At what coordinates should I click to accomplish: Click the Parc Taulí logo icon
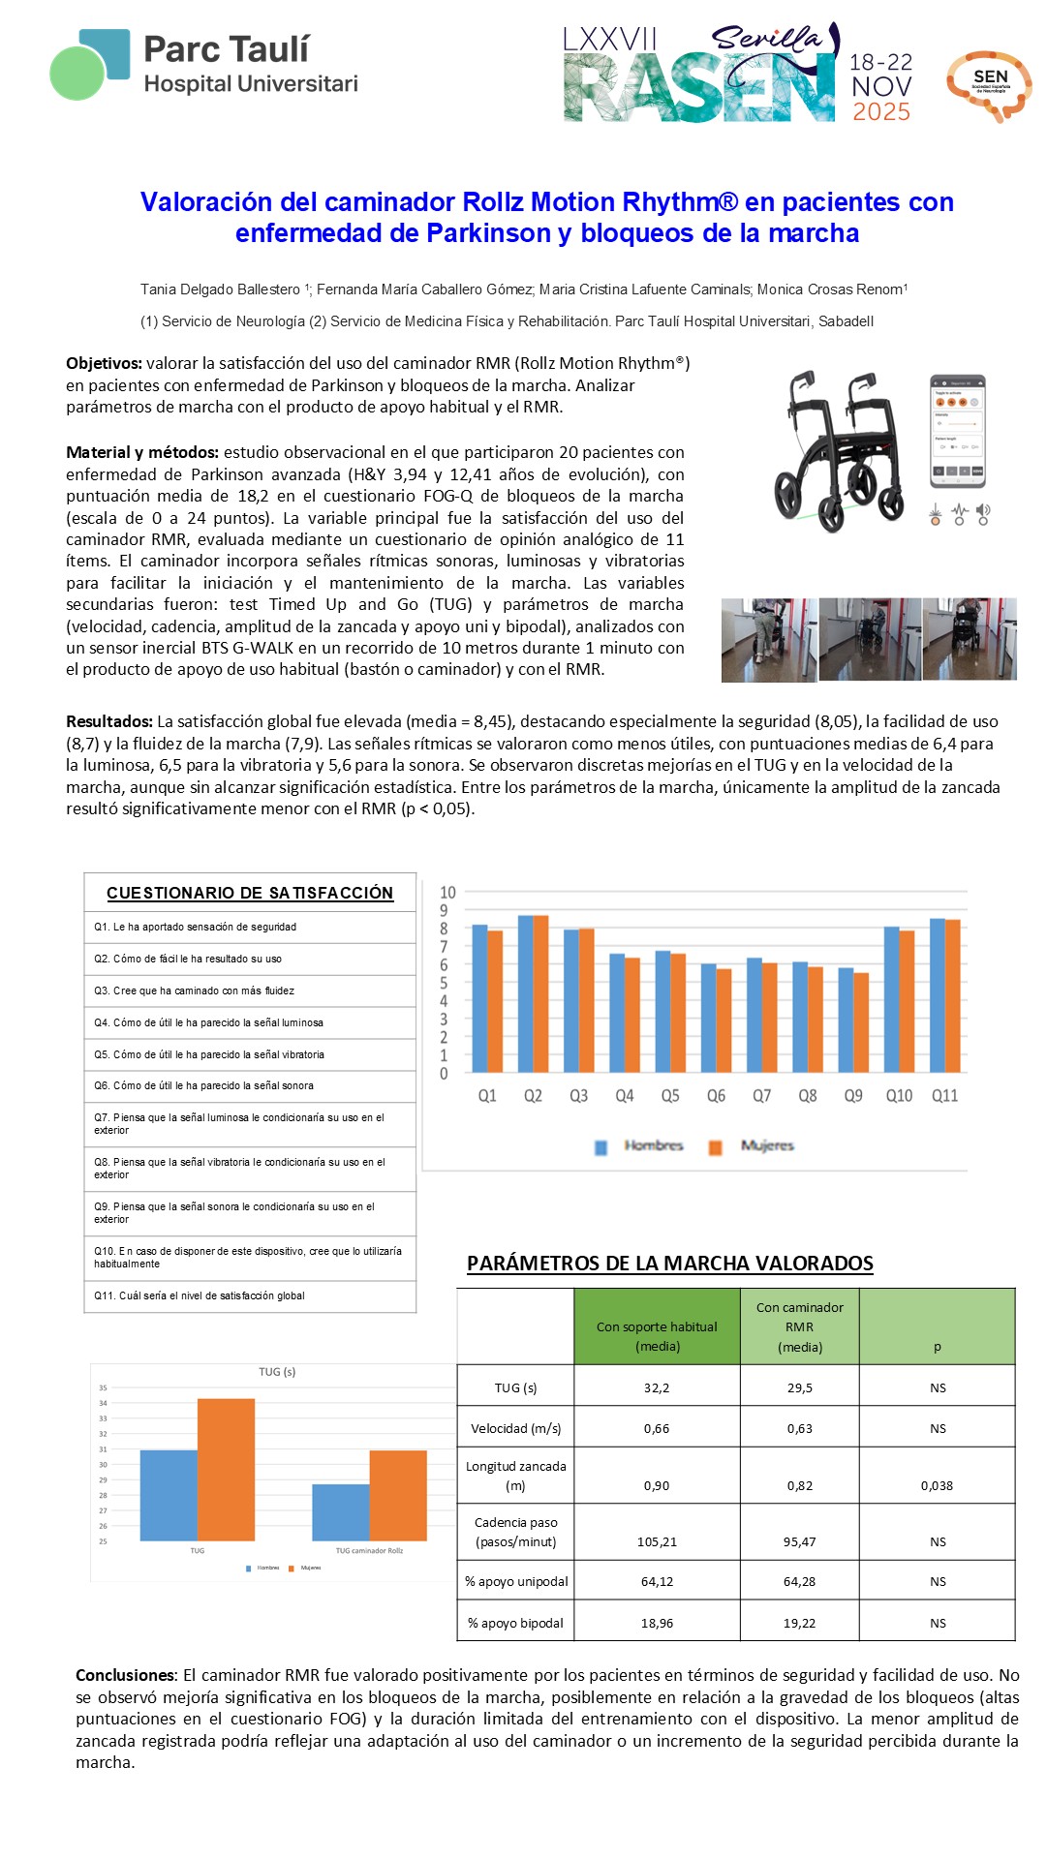coord(89,64)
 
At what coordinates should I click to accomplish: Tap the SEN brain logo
coord(989,85)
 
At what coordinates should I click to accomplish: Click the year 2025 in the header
coord(880,112)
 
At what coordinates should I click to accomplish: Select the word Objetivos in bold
coord(103,363)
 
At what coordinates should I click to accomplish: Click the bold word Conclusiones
coord(126,1675)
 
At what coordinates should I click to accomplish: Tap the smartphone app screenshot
coord(957,431)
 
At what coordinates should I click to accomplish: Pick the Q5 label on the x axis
coord(670,1096)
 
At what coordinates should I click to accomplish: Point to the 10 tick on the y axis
coord(447,893)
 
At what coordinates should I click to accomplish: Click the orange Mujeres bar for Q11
coord(953,995)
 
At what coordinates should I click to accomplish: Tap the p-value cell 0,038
coord(937,1485)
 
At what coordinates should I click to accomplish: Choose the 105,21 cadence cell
coord(657,1541)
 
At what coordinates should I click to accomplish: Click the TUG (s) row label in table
coord(515,1387)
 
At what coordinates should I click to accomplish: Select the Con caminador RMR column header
coord(799,1326)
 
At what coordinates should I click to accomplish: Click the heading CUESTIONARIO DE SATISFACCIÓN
coord(250,893)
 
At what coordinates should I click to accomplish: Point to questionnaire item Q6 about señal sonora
coord(203,1085)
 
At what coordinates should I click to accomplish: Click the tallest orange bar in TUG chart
coord(226,1469)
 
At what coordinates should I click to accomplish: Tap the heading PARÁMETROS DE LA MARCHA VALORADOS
coord(669,1264)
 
